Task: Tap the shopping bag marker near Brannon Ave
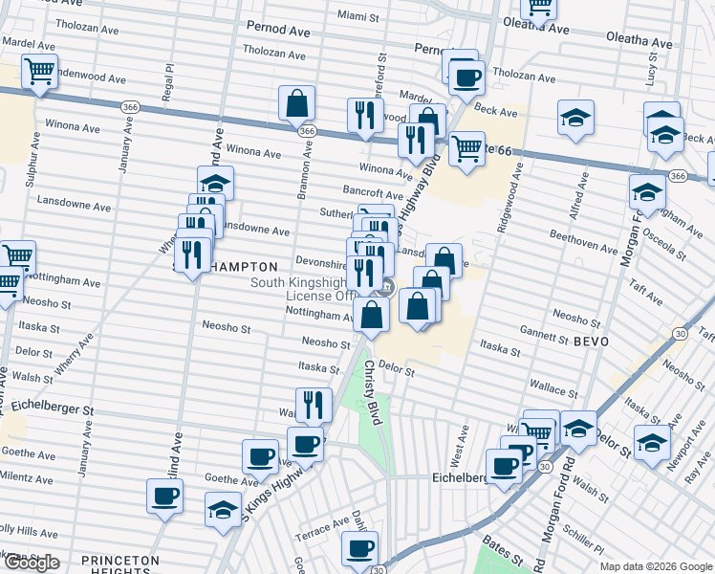[297, 102]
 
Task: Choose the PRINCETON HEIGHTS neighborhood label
[120, 565]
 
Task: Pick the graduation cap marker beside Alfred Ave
[574, 118]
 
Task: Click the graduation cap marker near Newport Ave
[652, 443]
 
